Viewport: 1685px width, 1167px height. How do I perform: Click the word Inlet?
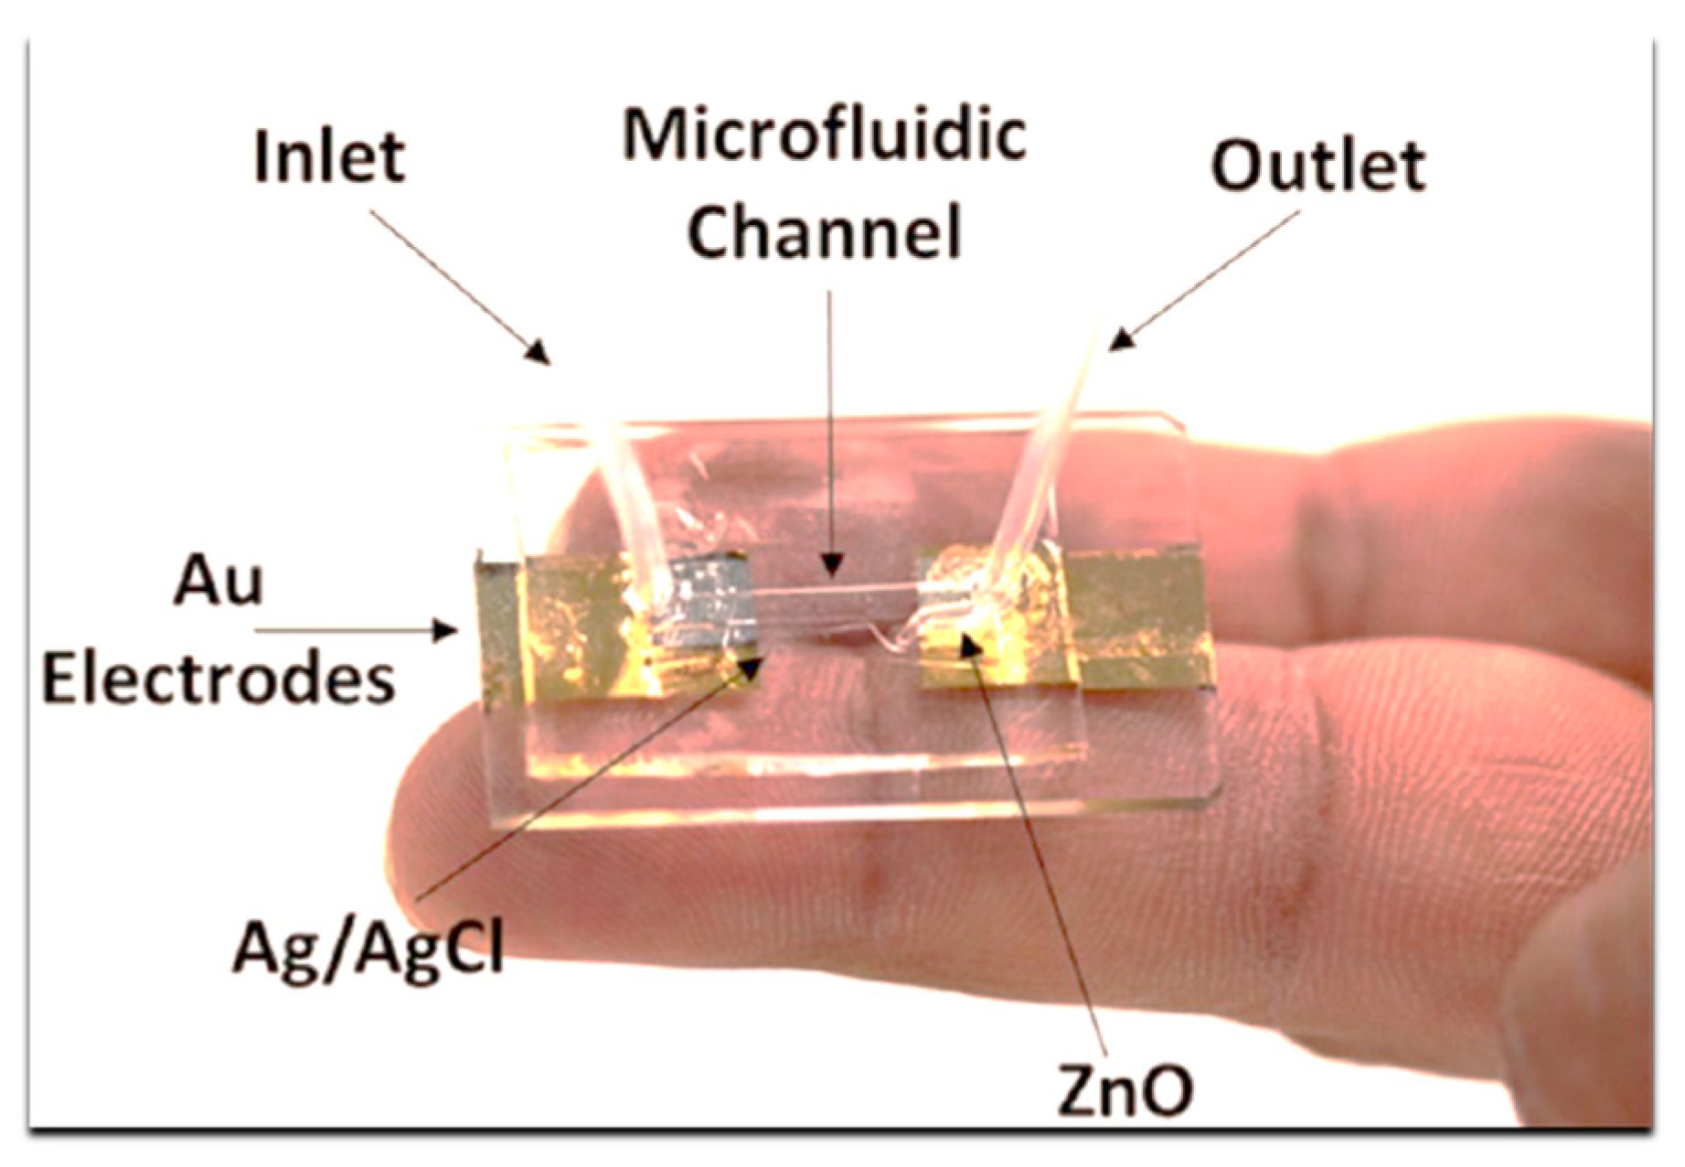click(x=329, y=157)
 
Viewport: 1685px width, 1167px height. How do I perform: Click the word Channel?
click(x=824, y=232)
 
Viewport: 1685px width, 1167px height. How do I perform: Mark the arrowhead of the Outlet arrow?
click(x=1119, y=342)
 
